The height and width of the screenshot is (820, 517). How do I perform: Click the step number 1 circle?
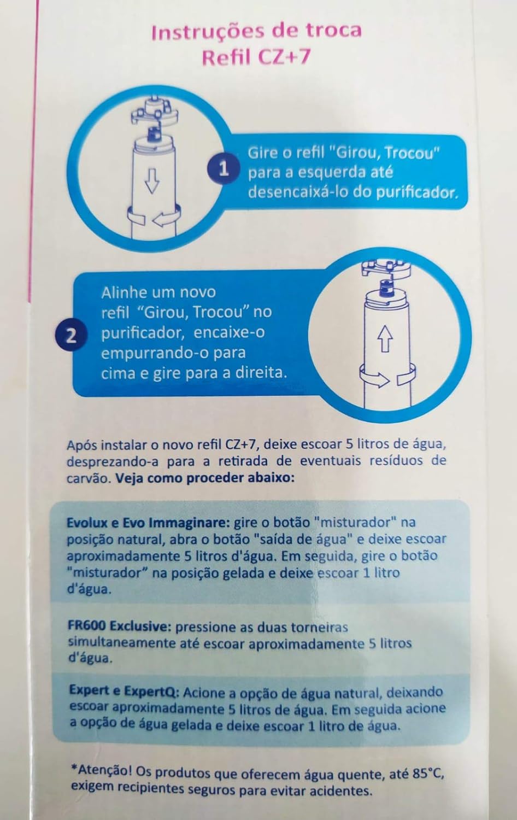224,169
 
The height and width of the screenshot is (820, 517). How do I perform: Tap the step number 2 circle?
72,335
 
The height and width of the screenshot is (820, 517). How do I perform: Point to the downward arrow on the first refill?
152,181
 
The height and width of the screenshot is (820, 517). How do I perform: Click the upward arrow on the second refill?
385,339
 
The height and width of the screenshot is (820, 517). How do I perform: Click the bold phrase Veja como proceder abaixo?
205,478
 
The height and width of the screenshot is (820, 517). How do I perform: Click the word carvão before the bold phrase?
88,478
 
